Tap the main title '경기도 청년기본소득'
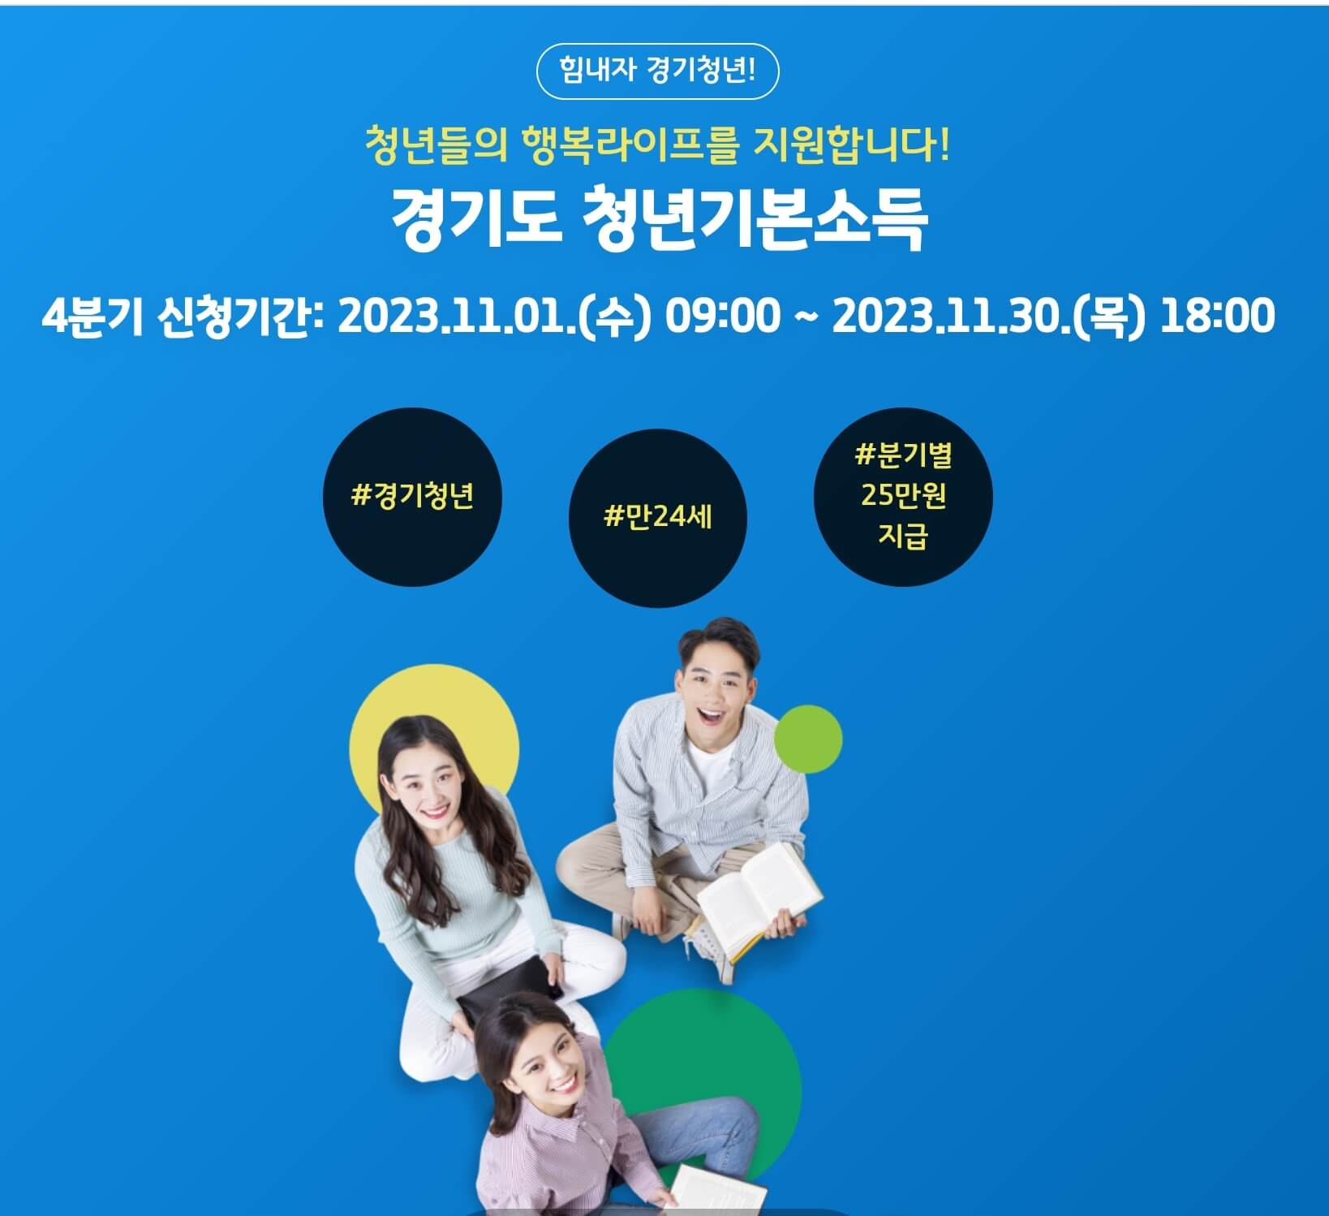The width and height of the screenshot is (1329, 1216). [659, 220]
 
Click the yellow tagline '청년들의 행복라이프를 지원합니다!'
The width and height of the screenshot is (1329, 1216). [656, 146]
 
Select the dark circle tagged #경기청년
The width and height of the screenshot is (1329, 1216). [412, 497]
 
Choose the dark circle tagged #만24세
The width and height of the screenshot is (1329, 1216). [657, 517]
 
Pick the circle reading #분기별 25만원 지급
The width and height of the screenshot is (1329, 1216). [902, 497]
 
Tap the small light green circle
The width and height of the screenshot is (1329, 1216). [808, 739]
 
